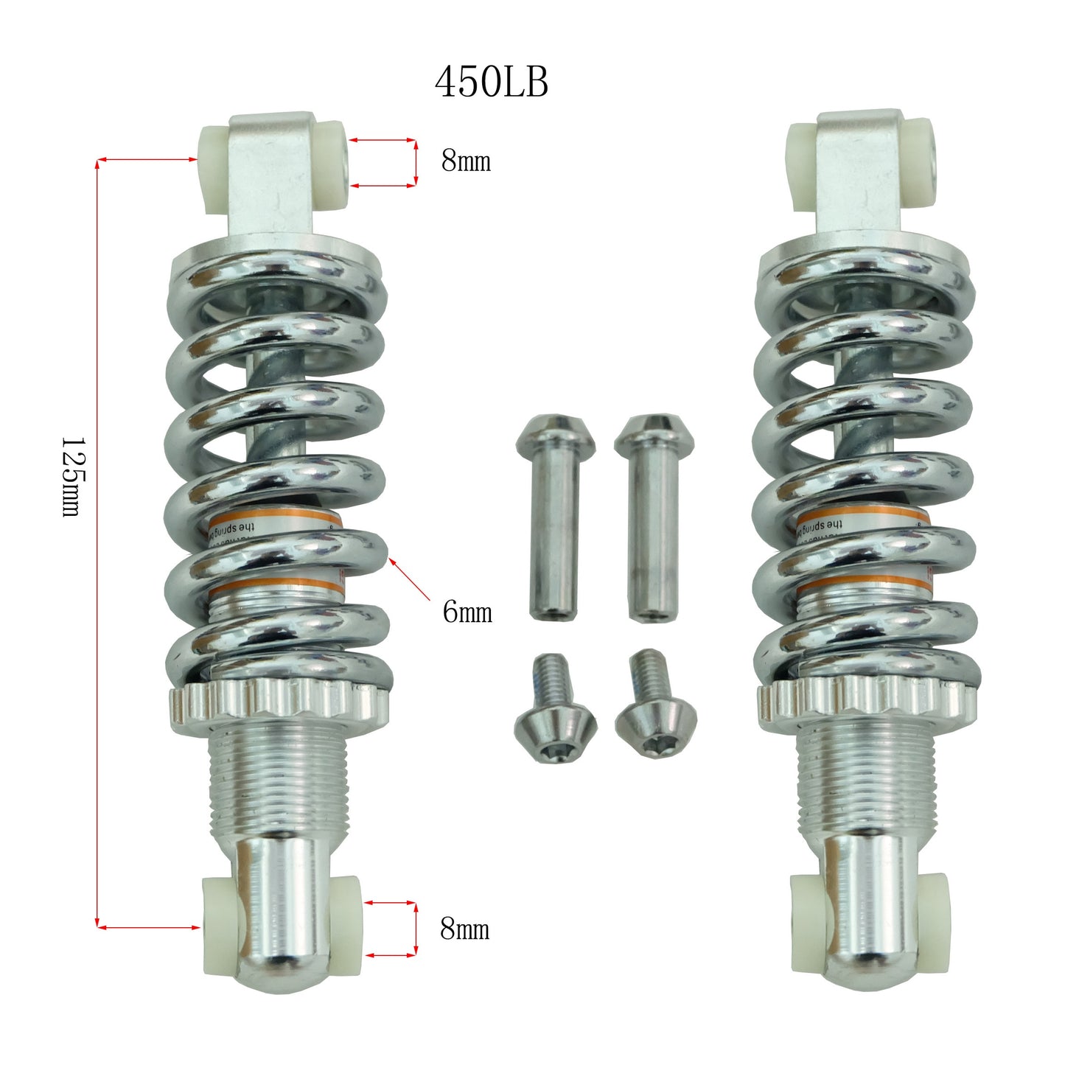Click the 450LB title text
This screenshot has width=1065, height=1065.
(x=491, y=82)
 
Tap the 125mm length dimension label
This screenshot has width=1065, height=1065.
(x=71, y=477)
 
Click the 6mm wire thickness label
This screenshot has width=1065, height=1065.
(x=467, y=612)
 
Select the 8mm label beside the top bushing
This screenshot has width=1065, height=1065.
(x=466, y=161)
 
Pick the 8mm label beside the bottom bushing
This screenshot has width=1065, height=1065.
(x=464, y=929)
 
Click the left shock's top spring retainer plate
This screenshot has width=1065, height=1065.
(x=276, y=255)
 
